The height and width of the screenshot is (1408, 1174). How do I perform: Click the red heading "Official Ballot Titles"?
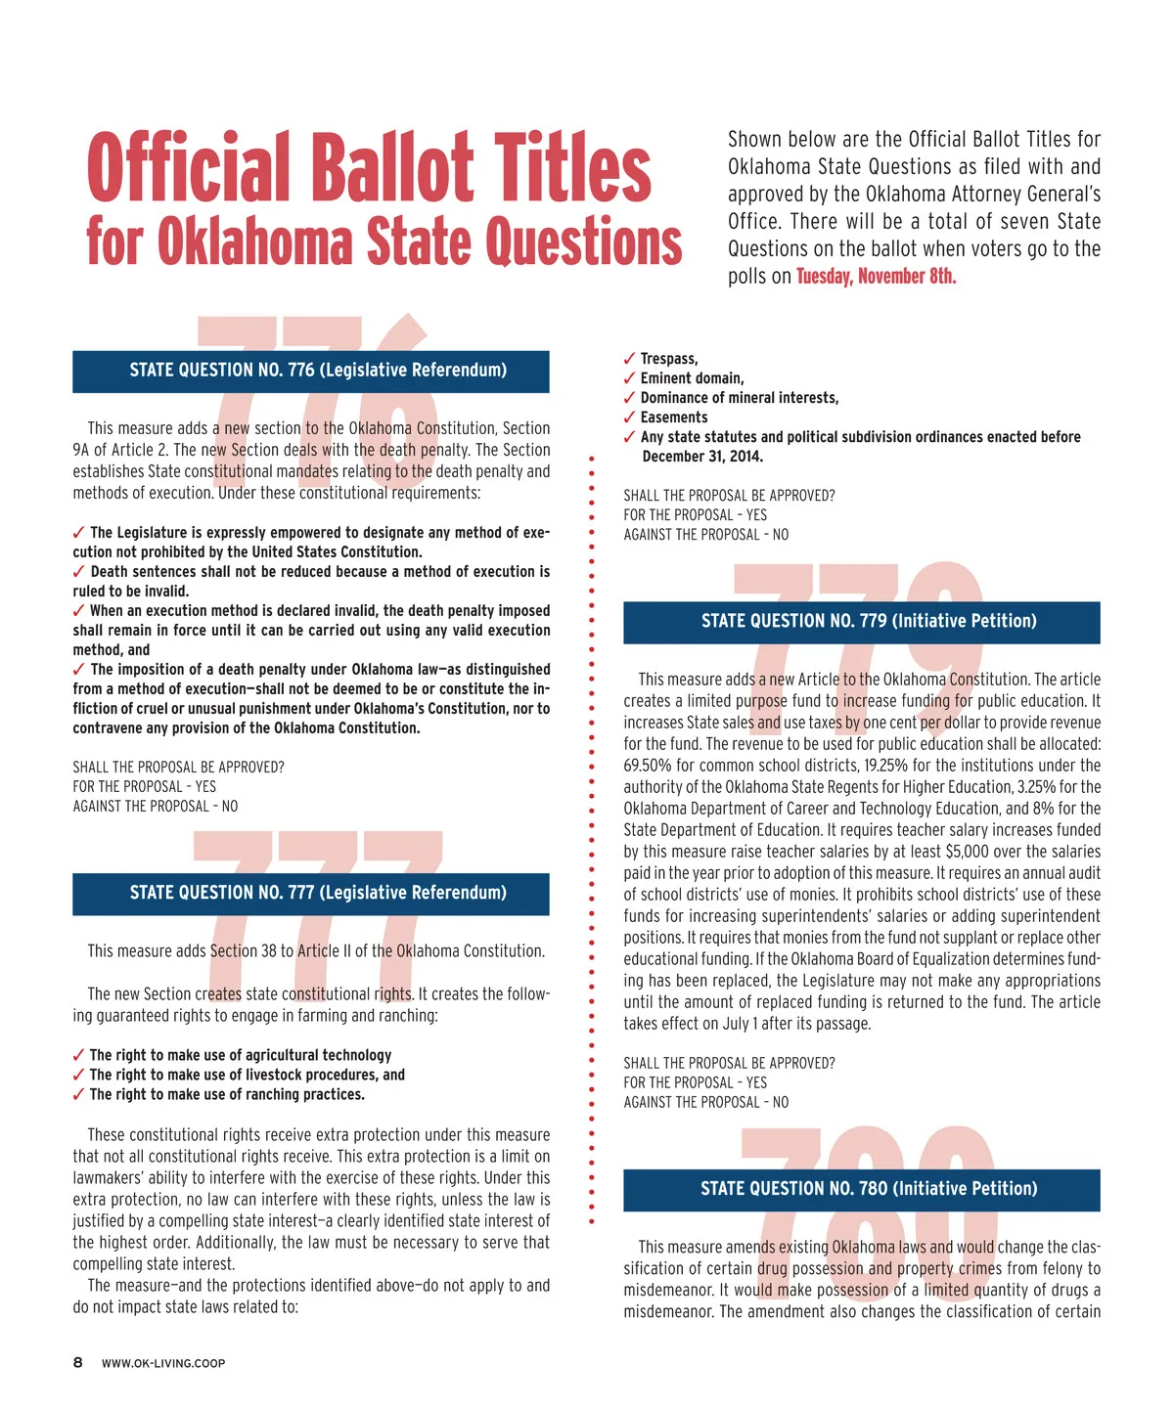point(369,168)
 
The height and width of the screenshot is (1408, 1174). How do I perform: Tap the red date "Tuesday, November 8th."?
point(876,277)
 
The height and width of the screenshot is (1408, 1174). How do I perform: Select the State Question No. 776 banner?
point(311,371)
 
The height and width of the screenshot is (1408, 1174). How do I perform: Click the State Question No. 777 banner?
point(311,893)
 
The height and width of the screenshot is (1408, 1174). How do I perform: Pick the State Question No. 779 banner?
point(862,622)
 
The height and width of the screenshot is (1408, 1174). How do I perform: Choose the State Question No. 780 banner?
point(862,1189)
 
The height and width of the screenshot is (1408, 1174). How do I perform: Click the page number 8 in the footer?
point(78,1363)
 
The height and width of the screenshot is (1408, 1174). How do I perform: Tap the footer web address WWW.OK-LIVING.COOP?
point(163,1364)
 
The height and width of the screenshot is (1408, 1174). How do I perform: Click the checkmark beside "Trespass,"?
point(629,359)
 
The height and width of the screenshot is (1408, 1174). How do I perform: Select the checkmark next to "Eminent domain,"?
point(629,378)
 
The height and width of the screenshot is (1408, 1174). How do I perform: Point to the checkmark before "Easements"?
point(629,418)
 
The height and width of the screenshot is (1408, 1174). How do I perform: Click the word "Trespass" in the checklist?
point(668,359)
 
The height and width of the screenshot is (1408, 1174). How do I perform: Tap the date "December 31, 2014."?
point(702,457)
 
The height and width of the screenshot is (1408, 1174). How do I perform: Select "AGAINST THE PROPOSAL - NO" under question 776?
point(155,807)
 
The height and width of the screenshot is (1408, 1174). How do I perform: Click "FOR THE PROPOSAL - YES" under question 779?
point(695,1082)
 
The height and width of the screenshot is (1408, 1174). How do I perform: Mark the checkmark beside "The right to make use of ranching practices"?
point(78,1095)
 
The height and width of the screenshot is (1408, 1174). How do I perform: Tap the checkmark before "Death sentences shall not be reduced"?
point(78,572)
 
